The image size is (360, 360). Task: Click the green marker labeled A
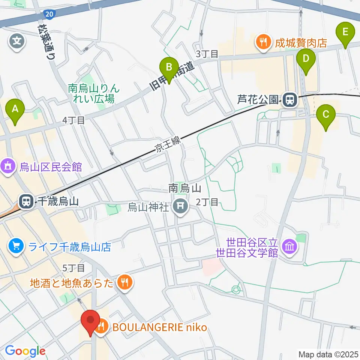[x=15, y=109]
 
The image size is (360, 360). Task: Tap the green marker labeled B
[x=169, y=67]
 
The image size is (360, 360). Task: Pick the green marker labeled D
[x=306, y=59]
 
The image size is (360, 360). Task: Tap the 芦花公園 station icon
[x=289, y=100]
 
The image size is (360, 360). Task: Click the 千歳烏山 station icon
[x=26, y=202]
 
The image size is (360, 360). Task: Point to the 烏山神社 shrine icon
[x=180, y=207]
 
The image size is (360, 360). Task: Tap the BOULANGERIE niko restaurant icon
[x=100, y=327]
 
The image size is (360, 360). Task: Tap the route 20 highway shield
[x=48, y=14]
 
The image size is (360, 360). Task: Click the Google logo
[x=25, y=351]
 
